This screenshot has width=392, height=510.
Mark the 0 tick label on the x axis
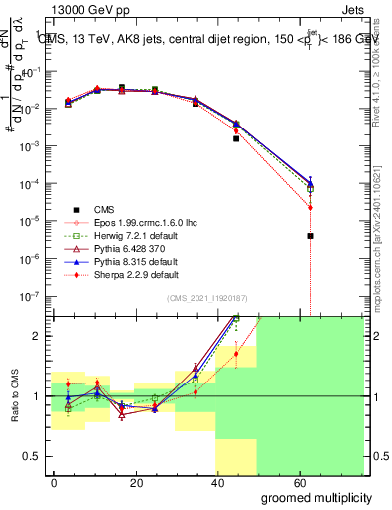point(54,481)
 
